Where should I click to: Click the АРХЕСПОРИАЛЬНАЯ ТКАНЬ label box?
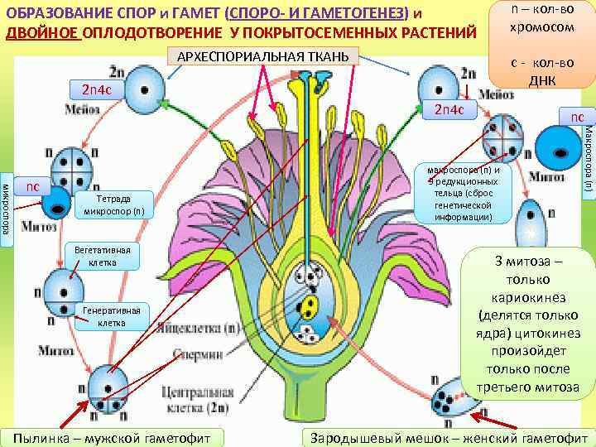[263, 56]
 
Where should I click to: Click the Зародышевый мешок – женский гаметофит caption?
[447, 437]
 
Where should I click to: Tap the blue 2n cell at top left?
[143, 88]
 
